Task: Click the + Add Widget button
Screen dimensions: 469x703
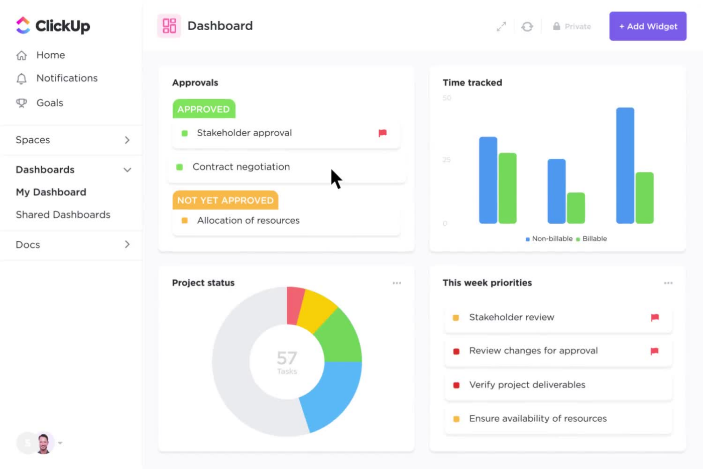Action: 648,26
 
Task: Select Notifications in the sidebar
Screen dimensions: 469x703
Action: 67,78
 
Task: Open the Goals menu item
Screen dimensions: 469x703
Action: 50,103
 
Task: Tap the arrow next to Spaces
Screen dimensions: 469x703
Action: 127,140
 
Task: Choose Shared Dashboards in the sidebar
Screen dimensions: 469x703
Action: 63,215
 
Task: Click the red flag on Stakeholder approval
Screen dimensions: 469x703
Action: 383,133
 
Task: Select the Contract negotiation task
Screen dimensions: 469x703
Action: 241,167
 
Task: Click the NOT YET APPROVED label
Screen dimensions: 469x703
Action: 225,200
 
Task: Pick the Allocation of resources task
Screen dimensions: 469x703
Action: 248,221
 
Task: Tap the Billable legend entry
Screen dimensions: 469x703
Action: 594,239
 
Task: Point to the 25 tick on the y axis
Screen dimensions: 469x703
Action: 446,160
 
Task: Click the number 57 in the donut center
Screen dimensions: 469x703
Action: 287,358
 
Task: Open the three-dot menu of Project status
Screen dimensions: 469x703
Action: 397,283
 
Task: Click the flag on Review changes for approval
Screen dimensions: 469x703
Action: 654,351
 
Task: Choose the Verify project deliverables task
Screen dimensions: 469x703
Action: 527,385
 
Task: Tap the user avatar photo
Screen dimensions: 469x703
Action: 44,443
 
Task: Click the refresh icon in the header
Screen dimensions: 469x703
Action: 527,27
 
